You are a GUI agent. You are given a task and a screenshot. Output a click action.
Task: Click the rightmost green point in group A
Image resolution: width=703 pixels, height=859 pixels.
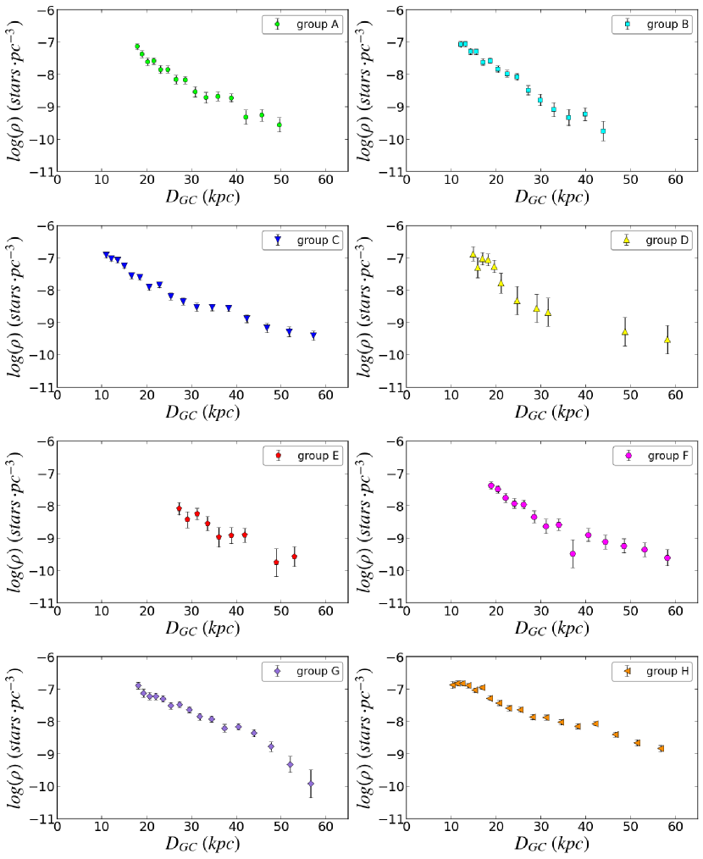(x=280, y=125)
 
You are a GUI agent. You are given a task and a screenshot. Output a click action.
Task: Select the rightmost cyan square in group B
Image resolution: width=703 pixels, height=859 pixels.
(x=603, y=131)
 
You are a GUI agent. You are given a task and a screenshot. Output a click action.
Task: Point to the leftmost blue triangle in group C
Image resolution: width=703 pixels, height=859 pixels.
(x=106, y=254)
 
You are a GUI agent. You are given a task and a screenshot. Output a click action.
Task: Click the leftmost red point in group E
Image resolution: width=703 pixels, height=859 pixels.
(x=179, y=508)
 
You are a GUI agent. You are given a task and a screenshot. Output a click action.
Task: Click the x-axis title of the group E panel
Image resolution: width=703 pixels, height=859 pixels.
(x=202, y=629)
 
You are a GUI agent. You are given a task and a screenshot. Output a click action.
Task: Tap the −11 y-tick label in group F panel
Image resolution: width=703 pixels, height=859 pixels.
(x=393, y=603)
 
